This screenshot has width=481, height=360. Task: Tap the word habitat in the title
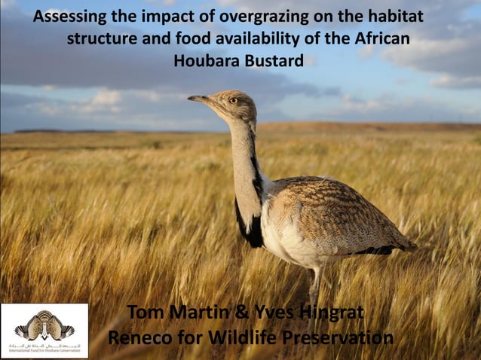[x=394, y=17]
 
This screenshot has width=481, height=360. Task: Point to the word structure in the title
[x=100, y=39]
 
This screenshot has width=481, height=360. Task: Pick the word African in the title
[x=384, y=39]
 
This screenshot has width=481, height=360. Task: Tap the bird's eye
[x=233, y=100]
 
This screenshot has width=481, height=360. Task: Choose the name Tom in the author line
[x=147, y=312]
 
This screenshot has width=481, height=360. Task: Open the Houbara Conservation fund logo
[x=44, y=331]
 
